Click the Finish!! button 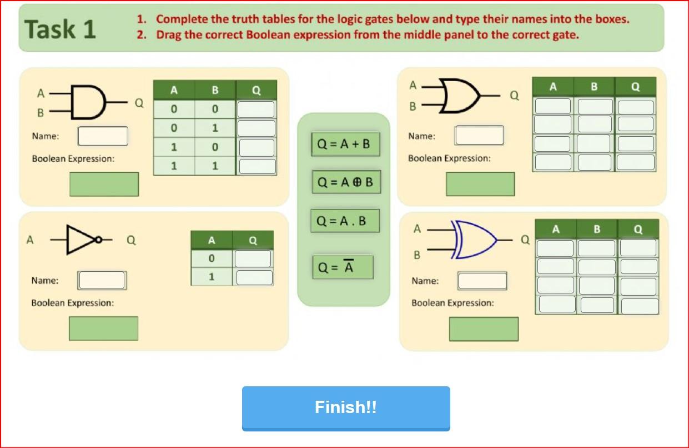point(345,407)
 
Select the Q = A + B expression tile point(343,144)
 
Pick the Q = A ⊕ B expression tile point(346,182)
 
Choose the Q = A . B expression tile point(344,221)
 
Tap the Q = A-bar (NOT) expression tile point(342,267)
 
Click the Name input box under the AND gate point(103,136)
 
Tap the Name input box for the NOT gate point(102,280)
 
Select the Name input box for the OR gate point(479,135)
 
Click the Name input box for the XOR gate point(482,281)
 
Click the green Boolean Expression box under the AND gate point(104,184)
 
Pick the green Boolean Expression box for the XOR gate point(483,329)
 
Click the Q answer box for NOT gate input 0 point(253,258)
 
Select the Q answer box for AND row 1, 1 point(257,166)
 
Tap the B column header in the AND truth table point(215,90)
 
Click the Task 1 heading point(60,29)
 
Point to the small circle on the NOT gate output point(98,240)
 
